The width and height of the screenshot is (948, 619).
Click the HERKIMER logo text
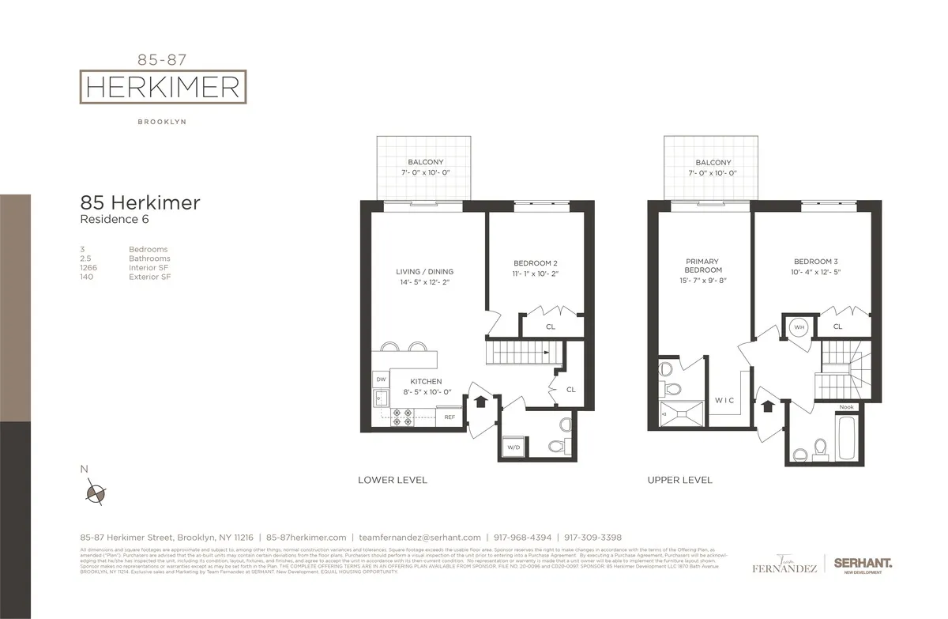[x=163, y=87]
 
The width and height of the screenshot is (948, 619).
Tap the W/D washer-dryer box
[x=512, y=448]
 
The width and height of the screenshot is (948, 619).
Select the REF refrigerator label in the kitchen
[x=450, y=417]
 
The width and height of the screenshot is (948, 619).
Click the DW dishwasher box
[x=379, y=380]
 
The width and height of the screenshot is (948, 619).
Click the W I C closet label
[x=724, y=401]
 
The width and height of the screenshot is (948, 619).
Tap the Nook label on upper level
[x=847, y=408]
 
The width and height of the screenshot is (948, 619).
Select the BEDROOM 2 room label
[x=536, y=263]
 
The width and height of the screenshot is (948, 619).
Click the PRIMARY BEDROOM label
[x=702, y=265]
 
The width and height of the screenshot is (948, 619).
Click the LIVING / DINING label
[x=425, y=272]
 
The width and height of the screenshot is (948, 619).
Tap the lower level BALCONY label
[x=426, y=162]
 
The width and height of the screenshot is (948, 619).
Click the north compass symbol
[x=95, y=493]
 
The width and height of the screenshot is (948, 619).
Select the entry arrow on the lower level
[x=479, y=400]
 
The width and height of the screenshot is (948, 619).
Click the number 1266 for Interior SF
[x=88, y=268]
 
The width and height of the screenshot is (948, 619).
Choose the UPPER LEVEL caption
[x=679, y=480]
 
